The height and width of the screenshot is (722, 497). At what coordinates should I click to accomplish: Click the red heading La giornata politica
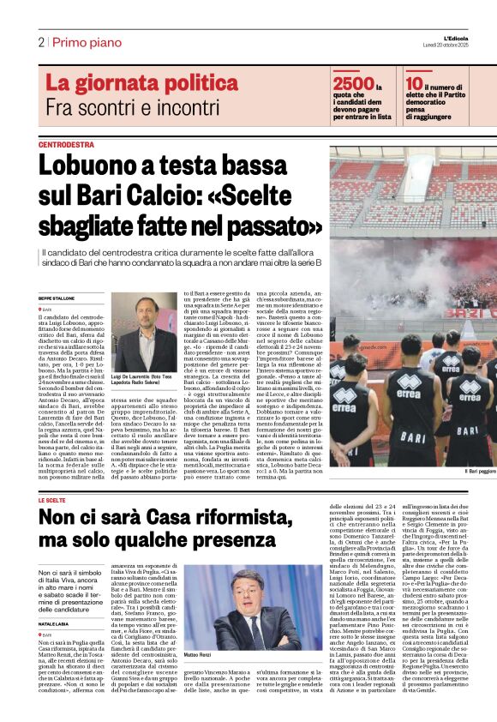[129, 83]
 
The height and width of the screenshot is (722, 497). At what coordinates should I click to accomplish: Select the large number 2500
[352, 83]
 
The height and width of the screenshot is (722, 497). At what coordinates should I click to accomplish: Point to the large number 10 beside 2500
[414, 83]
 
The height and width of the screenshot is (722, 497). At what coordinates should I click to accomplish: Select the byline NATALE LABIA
[56, 600]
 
